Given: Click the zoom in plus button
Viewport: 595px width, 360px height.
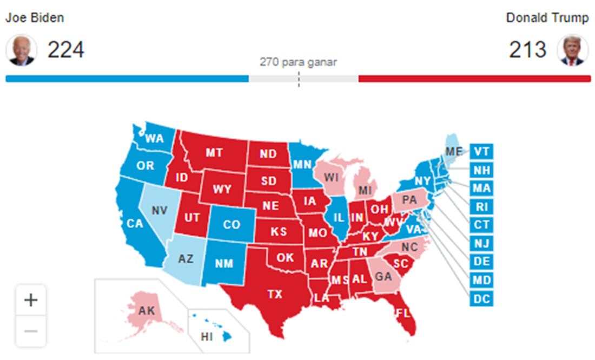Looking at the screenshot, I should [x=31, y=300].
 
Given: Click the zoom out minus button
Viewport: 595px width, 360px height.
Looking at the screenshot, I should [x=31, y=331].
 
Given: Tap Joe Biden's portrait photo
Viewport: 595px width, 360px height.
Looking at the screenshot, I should [x=21, y=50].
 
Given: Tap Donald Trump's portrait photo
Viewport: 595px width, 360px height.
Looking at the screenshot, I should [x=573, y=50].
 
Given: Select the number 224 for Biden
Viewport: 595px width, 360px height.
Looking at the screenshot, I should [x=65, y=50].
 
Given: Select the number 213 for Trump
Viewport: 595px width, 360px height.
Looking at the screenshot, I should [x=528, y=50].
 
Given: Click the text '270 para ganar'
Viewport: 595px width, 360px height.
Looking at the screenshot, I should [x=298, y=62].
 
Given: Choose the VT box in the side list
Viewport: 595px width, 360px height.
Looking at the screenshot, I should [x=481, y=151].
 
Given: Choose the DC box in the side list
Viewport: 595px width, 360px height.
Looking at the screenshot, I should [x=481, y=298].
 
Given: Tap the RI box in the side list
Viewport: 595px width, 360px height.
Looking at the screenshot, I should [x=481, y=206].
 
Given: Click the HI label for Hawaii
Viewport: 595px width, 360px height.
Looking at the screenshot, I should [x=207, y=337].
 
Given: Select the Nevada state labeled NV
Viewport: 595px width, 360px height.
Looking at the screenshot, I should [x=159, y=210].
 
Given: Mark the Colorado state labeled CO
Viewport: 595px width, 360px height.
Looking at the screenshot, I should [x=231, y=224].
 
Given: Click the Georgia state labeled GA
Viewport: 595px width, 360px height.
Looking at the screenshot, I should [x=383, y=276].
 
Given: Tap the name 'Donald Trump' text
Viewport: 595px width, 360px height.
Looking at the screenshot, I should [x=547, y=18].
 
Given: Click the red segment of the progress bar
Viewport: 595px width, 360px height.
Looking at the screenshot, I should [x=474, y=79].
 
